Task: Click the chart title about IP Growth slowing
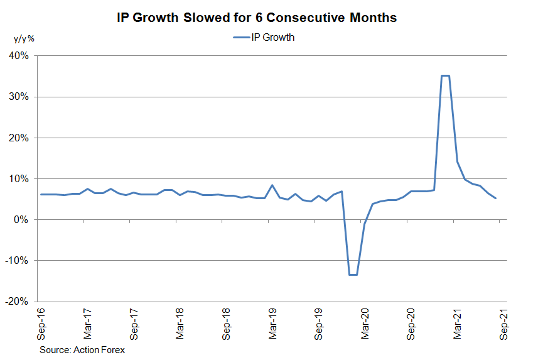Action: click(x=257, y=18)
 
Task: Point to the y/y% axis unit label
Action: click(x=24, y=38)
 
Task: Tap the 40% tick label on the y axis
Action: click(x=19, y=56)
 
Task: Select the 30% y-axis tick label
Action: click(x=19, y=97)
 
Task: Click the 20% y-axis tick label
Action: click(x=19, y=138)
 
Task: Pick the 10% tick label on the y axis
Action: click(x=19, y=178)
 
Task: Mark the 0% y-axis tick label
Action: click(x=21, y=219)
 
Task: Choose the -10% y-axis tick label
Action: click(x=18, y=260)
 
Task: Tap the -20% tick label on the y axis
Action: click(x=18, y=301)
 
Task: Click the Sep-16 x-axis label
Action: click(x=41, y=323)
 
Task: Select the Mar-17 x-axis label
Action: click(x=87, y=323)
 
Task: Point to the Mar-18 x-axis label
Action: click(x=180, y=323)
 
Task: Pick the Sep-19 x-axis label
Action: click(x=319, y=323)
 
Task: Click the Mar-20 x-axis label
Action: click(x=365, y=323)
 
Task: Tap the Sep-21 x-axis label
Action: click(x=504, y=323)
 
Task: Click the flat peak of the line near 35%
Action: click(x=445, y=76)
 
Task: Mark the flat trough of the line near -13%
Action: click(x=353, y=275)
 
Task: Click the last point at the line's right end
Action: click(x=496, y=199)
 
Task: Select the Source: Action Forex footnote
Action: click(x=82, y=349)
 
